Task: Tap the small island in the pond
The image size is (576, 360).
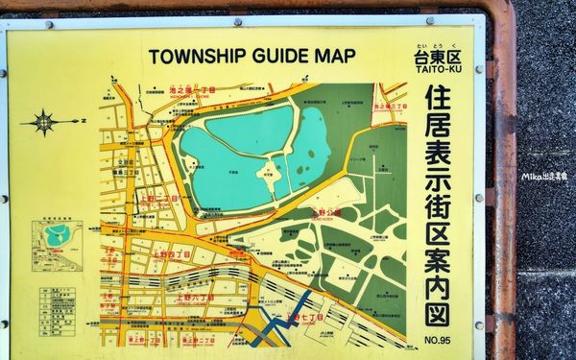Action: tap(270, 173)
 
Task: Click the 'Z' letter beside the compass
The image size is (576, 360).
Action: tap(83, 121)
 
